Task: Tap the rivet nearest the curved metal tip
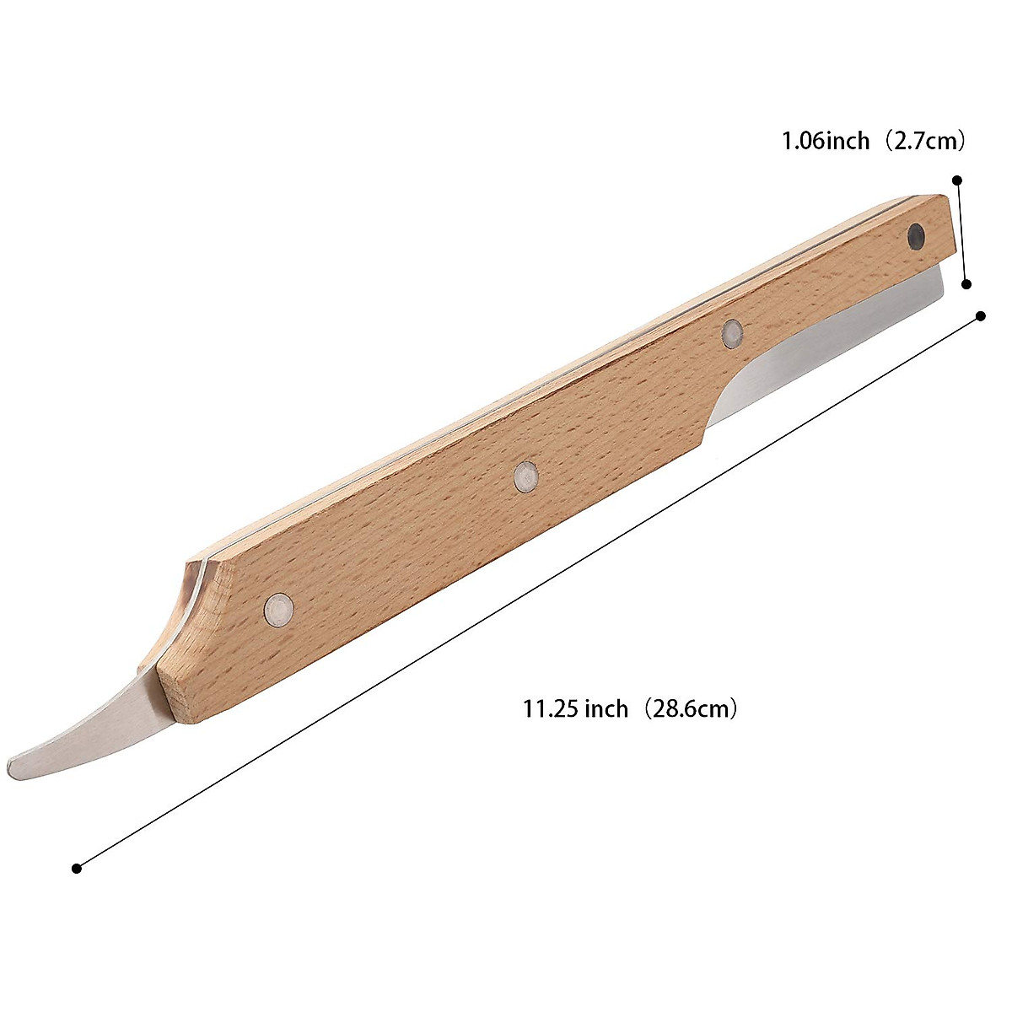click(x=278, y=608)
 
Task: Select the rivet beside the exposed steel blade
click(x=732, y=334)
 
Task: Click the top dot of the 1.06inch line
click(x=957, y=180)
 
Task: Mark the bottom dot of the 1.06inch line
click(x=967, y=285)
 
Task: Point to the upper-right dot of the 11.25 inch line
click(x=981, y=315)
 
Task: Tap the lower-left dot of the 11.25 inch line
click(x=77, y=868)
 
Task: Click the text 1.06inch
click(x=825, y=141)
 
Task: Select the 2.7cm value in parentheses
click(x=926, y=141)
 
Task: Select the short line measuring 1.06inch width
click(x=962, y=233)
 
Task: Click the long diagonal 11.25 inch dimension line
click(x=529, y=592)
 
